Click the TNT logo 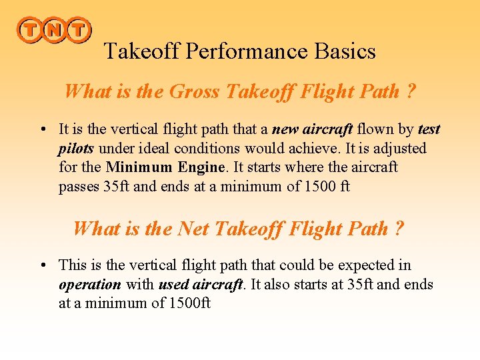53,30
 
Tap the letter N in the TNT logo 53,30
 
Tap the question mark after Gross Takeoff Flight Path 411,91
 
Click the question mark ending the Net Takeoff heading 399,229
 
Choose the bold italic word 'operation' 90,285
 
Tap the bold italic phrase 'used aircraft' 200,285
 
